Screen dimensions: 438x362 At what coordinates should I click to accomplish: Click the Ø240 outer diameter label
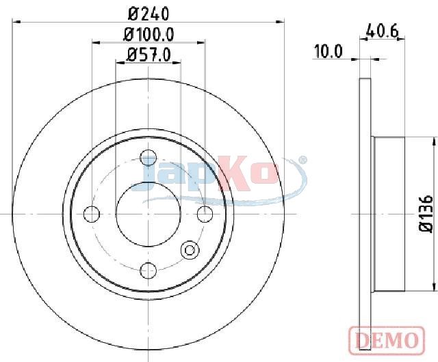point(149,14)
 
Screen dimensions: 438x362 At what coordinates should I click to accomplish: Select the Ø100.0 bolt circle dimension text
point(149,35)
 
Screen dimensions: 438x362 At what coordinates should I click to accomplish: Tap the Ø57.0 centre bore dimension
point(149,55)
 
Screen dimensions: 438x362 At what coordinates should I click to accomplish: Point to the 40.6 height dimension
point(382,31)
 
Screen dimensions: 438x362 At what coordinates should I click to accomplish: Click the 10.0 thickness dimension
point(328,51)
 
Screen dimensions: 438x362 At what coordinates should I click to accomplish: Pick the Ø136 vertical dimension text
point(426,213)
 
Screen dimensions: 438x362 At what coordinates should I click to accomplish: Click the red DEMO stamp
point(387,339)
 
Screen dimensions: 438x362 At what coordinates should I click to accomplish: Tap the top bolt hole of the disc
point(149,158)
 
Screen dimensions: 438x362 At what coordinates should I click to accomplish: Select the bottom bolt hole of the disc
point(148,270)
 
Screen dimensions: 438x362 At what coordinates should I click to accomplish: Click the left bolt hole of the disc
point(92,214)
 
